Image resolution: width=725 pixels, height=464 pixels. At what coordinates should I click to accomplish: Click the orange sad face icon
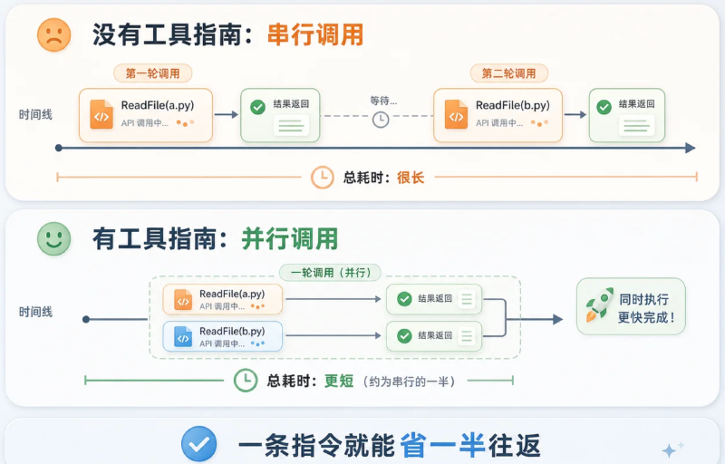pos(54,34)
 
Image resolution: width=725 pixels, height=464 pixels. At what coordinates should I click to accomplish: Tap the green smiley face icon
pos(54,238)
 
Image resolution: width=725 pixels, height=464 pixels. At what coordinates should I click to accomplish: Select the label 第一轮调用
pos(152,73)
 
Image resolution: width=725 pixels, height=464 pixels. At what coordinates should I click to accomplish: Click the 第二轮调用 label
pos(508,73)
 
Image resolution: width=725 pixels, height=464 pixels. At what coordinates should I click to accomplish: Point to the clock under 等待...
pos(381,120)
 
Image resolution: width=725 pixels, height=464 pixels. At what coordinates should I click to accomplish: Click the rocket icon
pos(600,304)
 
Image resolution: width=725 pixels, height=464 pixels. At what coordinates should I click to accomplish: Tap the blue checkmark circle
pos(198,444)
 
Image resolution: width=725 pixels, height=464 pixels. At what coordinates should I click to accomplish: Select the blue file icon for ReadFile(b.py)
pos(183,336)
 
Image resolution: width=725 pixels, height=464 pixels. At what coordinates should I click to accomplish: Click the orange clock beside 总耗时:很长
pos(322,178)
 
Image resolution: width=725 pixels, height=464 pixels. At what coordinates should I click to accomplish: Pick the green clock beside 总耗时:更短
pos(246,381)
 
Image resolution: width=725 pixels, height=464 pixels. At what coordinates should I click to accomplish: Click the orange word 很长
pos(411,178)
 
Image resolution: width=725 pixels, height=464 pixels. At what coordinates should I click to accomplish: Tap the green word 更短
pos(339,382)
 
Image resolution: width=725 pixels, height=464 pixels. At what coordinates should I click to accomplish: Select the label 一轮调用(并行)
pos(331,273)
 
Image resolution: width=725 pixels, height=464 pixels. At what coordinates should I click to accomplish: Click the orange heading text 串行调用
pos(315,34)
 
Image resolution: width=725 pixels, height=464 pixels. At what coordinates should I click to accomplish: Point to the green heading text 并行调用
pos(289,239)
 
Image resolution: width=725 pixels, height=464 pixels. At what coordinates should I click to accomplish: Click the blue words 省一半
pos(442,445)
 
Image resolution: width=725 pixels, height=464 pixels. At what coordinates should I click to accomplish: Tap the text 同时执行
pos(644,299)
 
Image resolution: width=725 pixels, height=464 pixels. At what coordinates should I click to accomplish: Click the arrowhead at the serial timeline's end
pos(691,148)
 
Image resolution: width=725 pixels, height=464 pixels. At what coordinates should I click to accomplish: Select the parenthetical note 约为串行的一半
pos(410,382)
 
